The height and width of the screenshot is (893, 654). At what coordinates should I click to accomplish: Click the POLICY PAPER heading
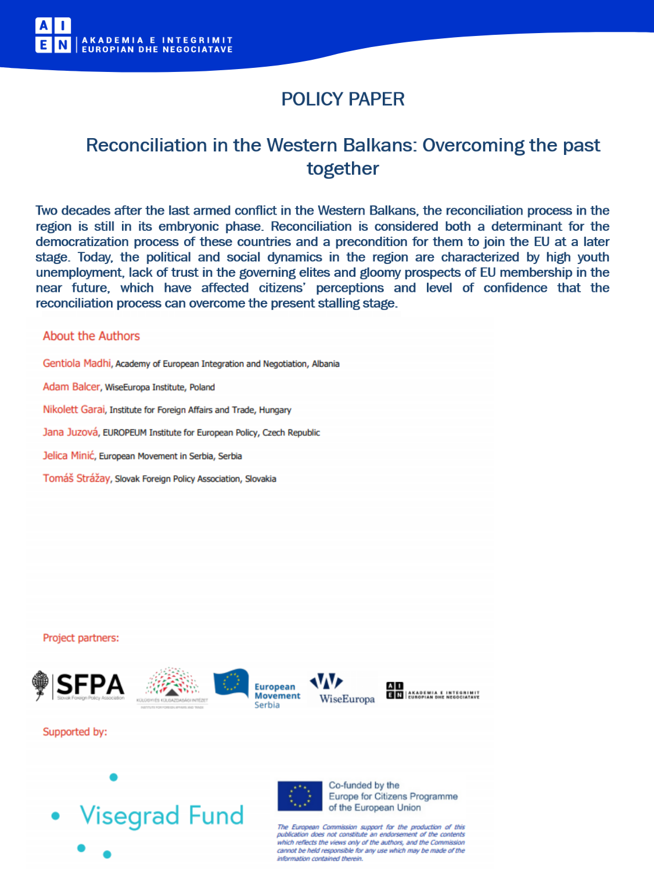(343, 99)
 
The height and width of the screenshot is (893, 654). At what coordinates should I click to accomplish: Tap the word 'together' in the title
(343, 169)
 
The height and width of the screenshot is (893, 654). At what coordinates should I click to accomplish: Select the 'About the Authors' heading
(91, 336)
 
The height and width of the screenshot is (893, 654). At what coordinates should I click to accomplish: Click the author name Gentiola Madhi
(77, 363)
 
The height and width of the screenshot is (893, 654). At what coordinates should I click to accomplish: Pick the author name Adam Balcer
(71, 386)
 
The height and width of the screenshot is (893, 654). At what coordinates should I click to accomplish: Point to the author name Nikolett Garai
(74, 410)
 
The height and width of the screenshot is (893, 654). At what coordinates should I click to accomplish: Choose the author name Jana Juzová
(70, 432)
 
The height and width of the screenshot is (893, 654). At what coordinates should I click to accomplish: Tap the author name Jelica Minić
(68, 455)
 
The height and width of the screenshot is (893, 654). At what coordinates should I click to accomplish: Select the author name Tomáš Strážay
(76, 479)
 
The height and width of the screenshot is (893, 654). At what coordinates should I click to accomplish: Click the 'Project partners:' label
(81, 638)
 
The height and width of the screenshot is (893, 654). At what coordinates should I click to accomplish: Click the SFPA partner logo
(80, 686)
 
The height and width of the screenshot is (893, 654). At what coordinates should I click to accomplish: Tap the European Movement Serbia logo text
(277, 696)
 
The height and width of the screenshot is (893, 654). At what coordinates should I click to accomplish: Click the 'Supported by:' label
(75, 732)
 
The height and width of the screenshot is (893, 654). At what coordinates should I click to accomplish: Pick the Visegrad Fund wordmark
(161, 816)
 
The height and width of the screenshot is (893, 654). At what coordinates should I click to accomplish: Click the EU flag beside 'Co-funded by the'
(300, 796)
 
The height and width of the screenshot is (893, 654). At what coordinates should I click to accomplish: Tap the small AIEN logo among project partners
(433, 691)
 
